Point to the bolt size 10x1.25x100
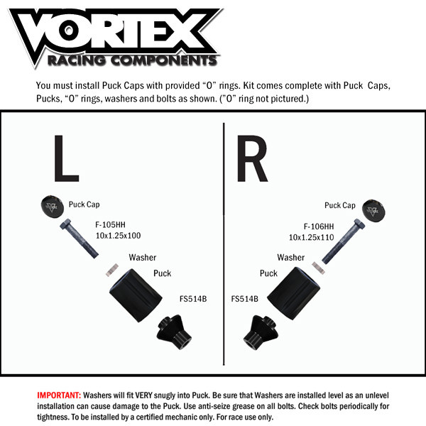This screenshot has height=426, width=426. [x=119, y=234]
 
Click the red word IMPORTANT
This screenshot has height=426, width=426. [x=58, y=393]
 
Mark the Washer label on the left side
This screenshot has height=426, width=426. [x=142, y=258]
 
